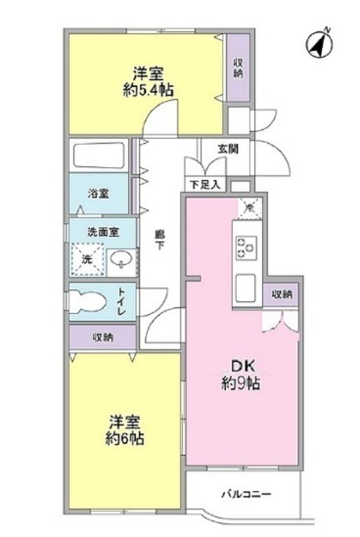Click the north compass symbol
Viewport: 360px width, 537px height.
tap(319, 44)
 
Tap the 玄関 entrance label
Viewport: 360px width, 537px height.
tap(228, 149)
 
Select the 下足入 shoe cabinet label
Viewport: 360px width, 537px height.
tap(204, 185)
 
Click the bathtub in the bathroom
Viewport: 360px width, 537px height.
tap(99, 156)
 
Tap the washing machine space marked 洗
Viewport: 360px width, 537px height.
tap(87, 259)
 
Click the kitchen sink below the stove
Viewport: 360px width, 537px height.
tap(247, 288)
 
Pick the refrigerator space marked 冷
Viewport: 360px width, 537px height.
tap(249, 208)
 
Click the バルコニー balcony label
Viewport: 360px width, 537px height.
tap(247, 494)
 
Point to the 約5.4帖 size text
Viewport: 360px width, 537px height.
tap(148, 90)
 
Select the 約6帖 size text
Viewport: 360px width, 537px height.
tap(124, 438)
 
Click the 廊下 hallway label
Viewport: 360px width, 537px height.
tap(159, 240)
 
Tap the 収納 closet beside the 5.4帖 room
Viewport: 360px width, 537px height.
tap(239, 67)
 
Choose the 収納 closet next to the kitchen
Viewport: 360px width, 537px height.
tap(282, 294)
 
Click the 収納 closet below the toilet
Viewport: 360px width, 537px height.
tap(103, 337)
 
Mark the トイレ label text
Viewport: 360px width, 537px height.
tap(122, 301)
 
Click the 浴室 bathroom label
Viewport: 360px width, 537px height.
tap(98, 194)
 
